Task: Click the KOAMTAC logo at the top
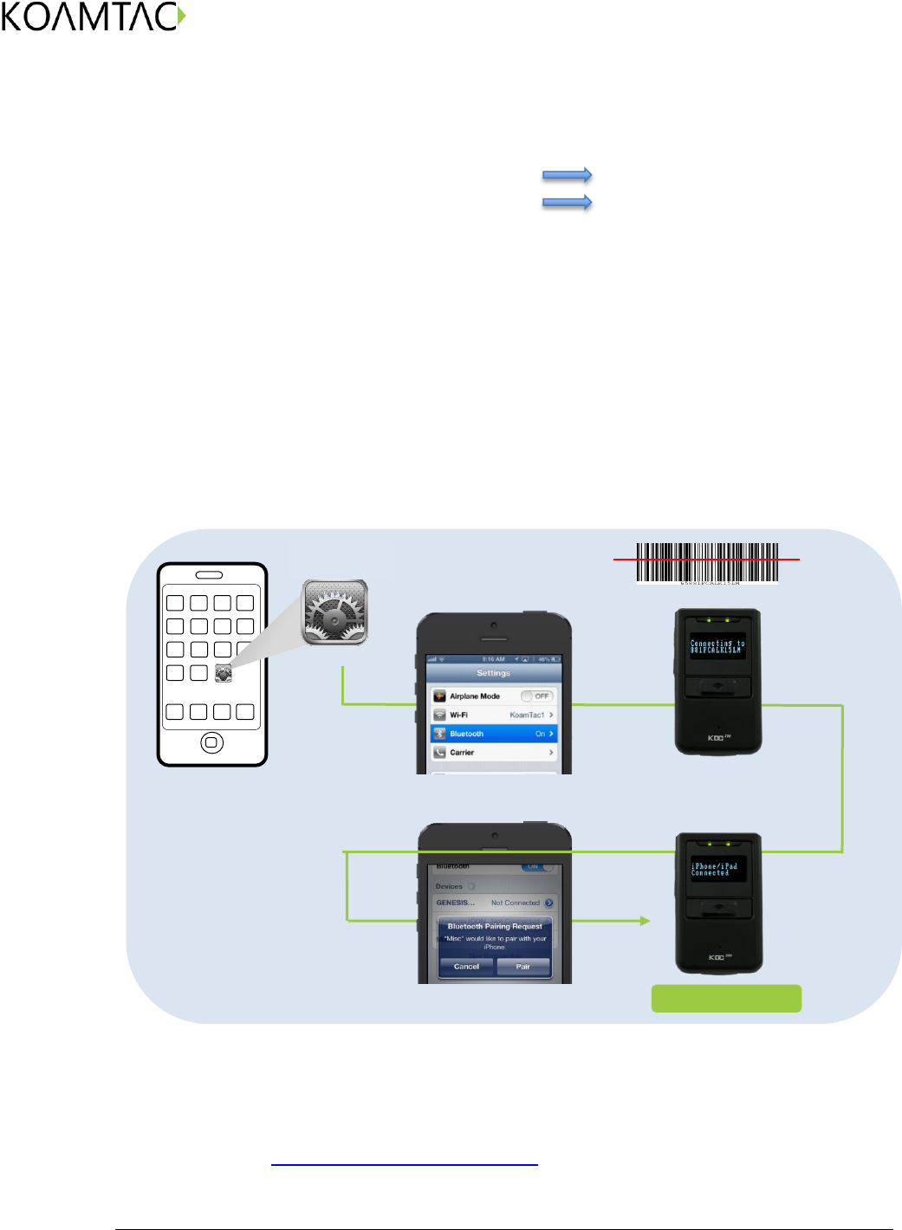pyautogui.click(x=94, y=17)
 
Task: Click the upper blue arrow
pyautogui.click(x=567, y=175)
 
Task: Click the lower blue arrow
pyautogui.click(x=567, y=203)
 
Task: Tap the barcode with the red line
pyautogui.click(x=707, y=561)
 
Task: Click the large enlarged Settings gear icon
pyautogui.click(x=335, y=612)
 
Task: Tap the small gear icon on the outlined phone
pyautogui.click(x=223, y=673)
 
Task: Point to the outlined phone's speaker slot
pyautogui.click(x=209, y=575)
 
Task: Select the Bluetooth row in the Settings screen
pyautogui.click(x=493, y=734)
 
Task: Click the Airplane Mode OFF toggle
pyautogui.click(x=536, y=696)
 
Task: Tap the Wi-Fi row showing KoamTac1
pyautogui.click(x=493, y=715)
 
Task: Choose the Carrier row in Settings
pyautogui.click(x=493, y=753)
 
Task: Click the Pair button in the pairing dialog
pyautogui.click(x=523, y=967)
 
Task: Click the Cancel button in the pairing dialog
pyautogui.click(x=466, y=967)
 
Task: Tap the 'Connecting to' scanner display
pyautogui.click(x=717, y=647)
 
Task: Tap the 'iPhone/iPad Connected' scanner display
pyautogui.click(x=717, y=870)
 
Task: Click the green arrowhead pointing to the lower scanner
pyautogui.click(x=645, y=921)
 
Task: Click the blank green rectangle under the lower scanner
pyautogui.click(x=726, y=998)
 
